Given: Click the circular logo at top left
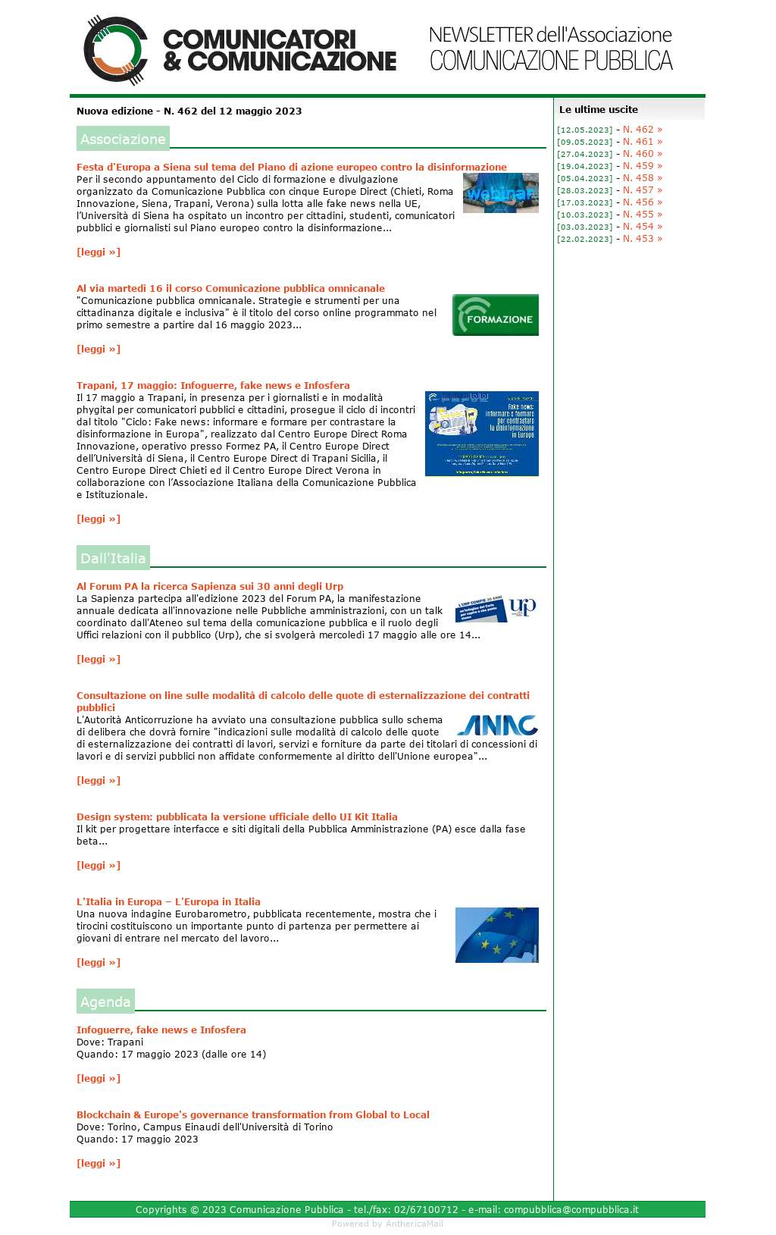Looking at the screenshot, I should pyautogui.click(x=114, y=50).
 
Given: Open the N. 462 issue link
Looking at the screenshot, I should pyautogui.click(x=642, y=130).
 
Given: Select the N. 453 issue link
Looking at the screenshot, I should pyautogui.click(x=642, y=239).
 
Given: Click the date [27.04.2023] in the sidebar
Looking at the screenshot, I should pyautogui.click(x=584, y=154).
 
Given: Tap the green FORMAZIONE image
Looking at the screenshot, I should pyautogui.click(x=495, y=315).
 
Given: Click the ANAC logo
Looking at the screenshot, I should pyautogui.click(x=497, y=726).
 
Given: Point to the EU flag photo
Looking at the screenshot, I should pyautogui.click(x=496, y=935).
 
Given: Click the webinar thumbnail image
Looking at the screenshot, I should pyautogui.click(x=500, y=193).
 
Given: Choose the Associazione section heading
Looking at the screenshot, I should pyautogui.click(x=123, y=139).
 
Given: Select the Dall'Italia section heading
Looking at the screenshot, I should pyautogui.click(x=113, y=558).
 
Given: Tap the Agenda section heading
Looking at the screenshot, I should pyautogui.click(x=105, y=1001).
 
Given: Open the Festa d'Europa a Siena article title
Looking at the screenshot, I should pyautogui.click(x=291, y=167).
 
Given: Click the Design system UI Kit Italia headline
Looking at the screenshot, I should pyautogui.click(x=236, y=817).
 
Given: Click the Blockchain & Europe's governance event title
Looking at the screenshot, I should pyautogui.click(x=252, y=1114).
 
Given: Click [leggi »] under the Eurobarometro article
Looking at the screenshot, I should pyautogui.click(x=99, y=962).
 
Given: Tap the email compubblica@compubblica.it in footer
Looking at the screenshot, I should pyautogui.click(x=571, y=1209).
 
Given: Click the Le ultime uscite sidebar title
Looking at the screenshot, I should pyautogui.click(x=599, y=109).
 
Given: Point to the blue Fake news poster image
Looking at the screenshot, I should pyautogui.click(x=481, y=434).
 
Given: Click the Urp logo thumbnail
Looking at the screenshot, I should pyautogui.click(x=496, y=609).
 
